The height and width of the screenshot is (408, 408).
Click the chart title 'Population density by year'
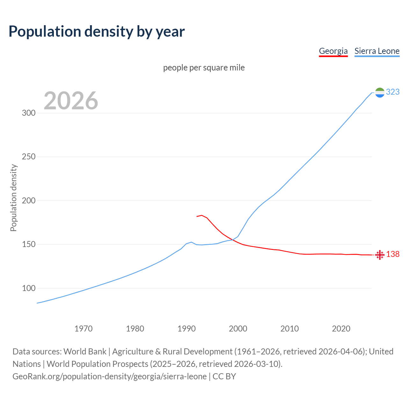(x=97, y=32)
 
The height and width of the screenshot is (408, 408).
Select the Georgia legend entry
(x=333, y=51)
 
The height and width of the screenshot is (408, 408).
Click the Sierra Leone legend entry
(x=377, y=51)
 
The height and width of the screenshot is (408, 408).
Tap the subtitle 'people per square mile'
(x=204, y=68)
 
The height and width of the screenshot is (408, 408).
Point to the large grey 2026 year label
(x=71, y=101)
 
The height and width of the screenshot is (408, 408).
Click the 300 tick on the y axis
(x=28, y=113)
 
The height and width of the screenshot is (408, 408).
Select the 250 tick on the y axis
(x=28, y=157)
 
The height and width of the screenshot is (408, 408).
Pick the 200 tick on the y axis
(x=28, y=201)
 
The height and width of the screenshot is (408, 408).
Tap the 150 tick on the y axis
(x=28, y=244)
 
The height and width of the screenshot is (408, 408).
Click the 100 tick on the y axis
(x=28, y=288)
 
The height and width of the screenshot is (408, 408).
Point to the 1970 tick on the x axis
(x=84, y=329)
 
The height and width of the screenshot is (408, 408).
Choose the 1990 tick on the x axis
(x=186, y=329)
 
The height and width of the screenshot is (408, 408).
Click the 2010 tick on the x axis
(x=289, y=329)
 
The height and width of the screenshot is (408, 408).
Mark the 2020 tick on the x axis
(x=341, y=329)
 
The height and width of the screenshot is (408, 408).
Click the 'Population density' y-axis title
(x=13, y=198)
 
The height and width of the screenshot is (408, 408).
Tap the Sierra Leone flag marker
(x=380, y=92)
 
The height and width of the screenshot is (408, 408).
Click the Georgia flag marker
(x=380, y=255)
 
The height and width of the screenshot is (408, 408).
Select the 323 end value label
(x=393, y=92)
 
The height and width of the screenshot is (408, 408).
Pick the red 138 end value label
(x=393, y=254)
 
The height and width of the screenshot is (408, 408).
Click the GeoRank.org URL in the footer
(x=110, y=376)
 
